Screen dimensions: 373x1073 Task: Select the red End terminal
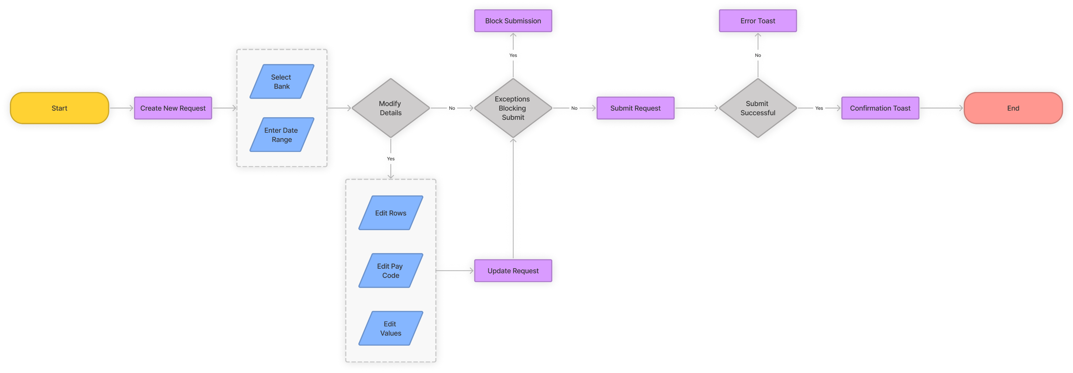(x=1013, y=108)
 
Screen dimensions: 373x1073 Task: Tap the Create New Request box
(x=173, y=108)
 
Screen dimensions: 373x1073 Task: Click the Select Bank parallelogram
(x=282, y=82)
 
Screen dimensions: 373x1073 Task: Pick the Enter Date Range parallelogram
(x=282, y=135)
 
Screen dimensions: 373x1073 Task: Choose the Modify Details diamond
(x=390, y=108)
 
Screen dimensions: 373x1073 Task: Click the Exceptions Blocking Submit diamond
(x=513, y=108)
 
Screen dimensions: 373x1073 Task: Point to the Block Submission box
(x=513, y=21)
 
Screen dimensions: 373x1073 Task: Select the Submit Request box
(x=635, y=108)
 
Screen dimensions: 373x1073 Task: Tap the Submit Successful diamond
(x=758, y=108)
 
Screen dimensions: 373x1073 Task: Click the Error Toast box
(x=758, y=21)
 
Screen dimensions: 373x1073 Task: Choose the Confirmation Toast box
(x=880, y=108)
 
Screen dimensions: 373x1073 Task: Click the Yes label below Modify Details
(x=390, y=158)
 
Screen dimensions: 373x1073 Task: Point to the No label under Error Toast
(x=758, y=55)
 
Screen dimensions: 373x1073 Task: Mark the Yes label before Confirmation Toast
(x=819, y=108)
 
